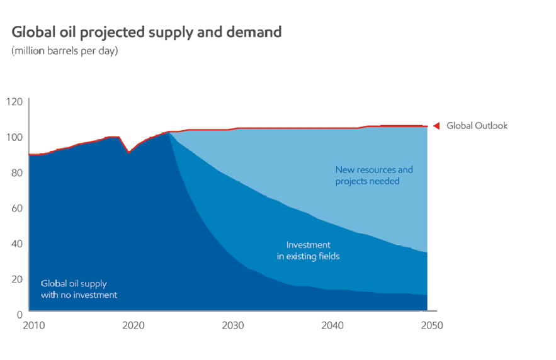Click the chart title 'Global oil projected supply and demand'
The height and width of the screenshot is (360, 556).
[146, 31]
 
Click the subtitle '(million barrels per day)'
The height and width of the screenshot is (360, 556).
[64, 51]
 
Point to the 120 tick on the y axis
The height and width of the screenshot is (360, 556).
[14, 101]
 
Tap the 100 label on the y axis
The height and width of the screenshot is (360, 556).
[14, 137]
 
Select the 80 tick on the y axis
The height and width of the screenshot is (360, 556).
[16, 172]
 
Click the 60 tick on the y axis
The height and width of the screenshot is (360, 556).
[16, 208]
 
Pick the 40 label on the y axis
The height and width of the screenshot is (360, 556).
[16, 243]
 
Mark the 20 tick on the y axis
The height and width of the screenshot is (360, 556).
[16, 278]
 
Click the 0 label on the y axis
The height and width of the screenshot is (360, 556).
[19, 314]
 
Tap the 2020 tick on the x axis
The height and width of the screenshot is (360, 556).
[133, 325]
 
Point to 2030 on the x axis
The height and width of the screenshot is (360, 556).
[233, 325]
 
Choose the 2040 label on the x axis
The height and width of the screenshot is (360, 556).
[332, 325]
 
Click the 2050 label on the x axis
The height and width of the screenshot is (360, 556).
[432, 325]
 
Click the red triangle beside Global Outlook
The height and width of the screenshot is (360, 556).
[436, 126]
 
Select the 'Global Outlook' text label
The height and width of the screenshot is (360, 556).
[477, 126]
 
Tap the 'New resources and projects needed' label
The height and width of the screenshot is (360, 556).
[373, 175]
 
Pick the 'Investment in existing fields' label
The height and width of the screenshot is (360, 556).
[309, 250]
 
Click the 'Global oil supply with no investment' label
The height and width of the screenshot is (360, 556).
[79, 289]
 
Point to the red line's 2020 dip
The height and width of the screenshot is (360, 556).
[128, 152]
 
